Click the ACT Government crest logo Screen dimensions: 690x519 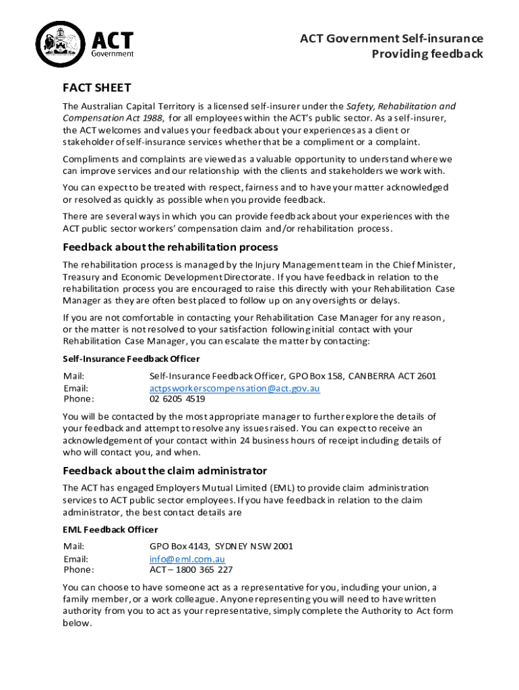(x=59, y=45)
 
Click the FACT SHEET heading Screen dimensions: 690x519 (x=96, y=88)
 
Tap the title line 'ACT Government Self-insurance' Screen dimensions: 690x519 (x=391, y=38)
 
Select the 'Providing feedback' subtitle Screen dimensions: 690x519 (x=427, y=54)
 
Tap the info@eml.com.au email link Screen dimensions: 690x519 (x=187, y=559)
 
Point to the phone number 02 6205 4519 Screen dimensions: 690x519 (x=177, y=398)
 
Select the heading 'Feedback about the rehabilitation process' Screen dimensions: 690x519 (x=171, y=247)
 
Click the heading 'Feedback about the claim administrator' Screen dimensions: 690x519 (x=164, y=470)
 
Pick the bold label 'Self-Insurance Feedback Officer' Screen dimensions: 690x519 (x=131, y=358)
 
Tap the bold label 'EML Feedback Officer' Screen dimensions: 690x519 (x=111, y=529)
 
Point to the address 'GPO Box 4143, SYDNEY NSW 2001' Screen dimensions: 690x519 (x=221, y=546)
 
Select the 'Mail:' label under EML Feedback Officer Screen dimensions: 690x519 (x=74, y=546)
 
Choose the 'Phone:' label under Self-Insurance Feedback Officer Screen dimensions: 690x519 (x=79, y=398)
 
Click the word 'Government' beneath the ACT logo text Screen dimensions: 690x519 (x=112, y=53)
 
